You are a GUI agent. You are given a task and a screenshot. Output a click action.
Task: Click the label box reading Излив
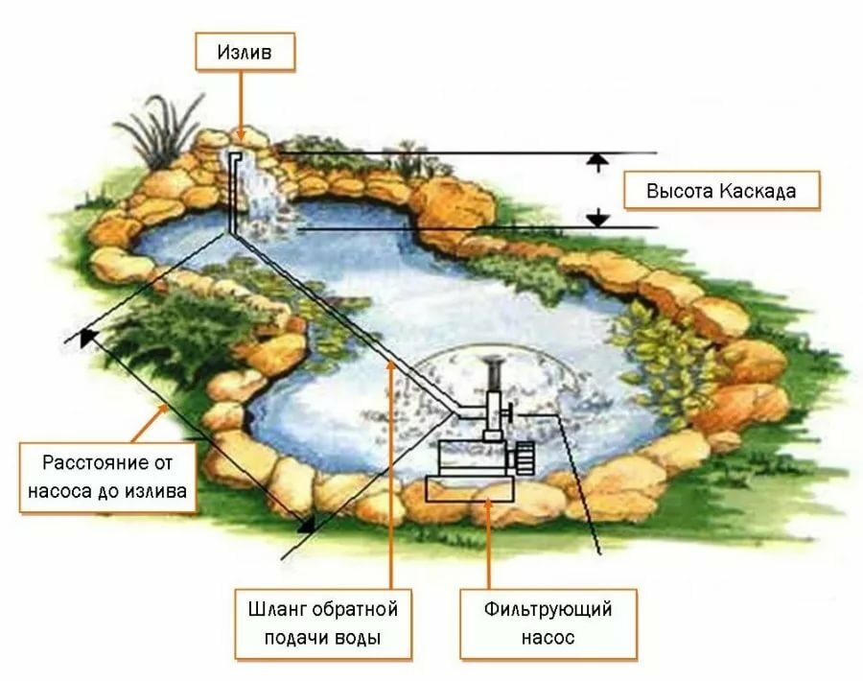coord(245,52)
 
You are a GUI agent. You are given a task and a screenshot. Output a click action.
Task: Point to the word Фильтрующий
coord(548,610)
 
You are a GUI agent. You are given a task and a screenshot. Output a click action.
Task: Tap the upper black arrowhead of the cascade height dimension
coord(598,159)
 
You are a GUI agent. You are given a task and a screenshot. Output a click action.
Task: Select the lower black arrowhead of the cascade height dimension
coord(597,221)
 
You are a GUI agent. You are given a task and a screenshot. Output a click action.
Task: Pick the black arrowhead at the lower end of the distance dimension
coord(307,525)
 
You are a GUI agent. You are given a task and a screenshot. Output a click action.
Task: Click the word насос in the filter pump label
coord(548,638)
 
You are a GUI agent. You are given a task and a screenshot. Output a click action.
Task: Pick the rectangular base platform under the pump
coord(471,489)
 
